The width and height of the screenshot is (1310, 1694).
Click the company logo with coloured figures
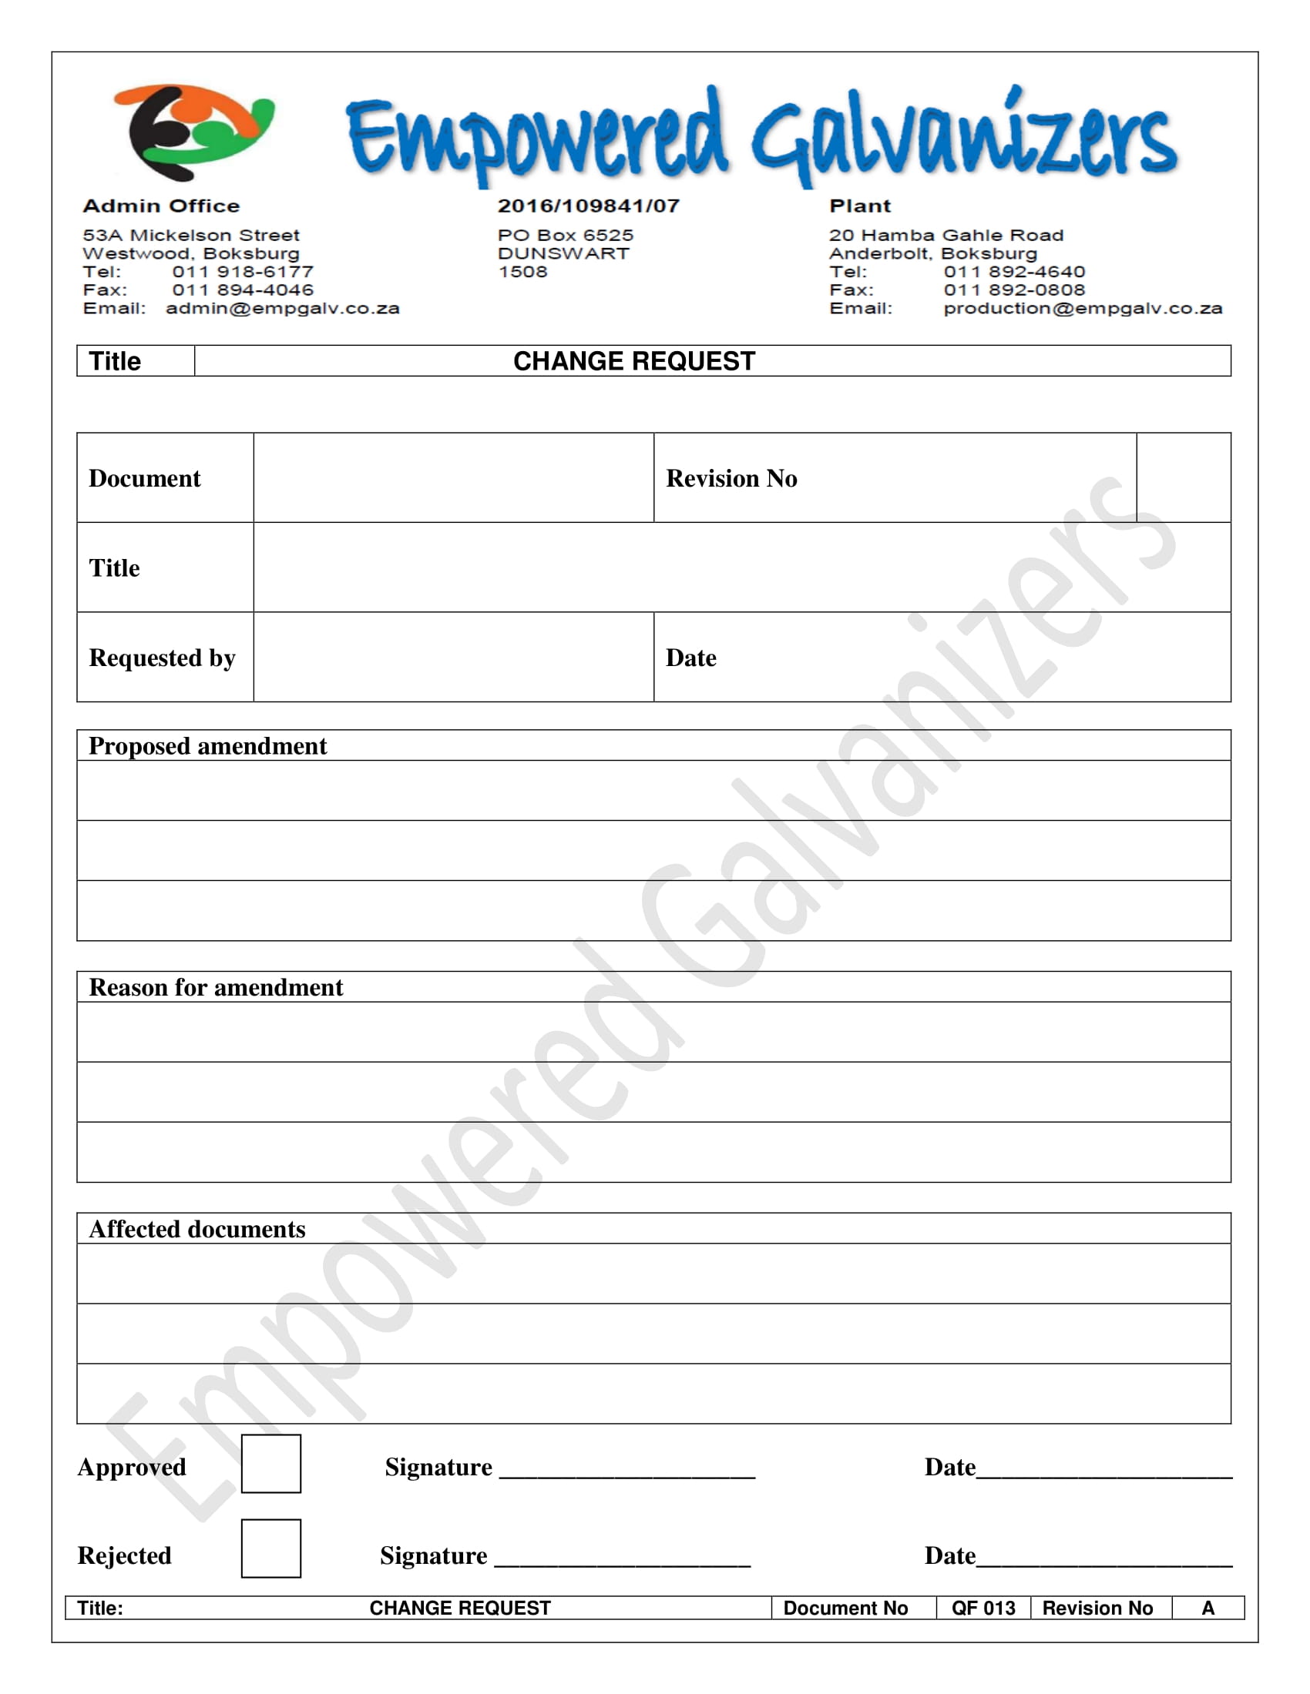point(194,132)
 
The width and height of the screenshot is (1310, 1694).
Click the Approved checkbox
point(270,1464)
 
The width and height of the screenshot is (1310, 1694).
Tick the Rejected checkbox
point(270,1548)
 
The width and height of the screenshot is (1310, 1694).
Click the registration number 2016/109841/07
point(588,206)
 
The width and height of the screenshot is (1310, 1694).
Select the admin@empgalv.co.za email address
point(283,309)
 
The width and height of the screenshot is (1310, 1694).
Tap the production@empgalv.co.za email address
point(1083,309)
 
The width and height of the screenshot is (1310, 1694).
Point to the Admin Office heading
point(161,206)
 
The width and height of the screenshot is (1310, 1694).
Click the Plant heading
point(860,206)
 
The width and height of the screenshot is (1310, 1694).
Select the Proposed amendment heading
point(208,746)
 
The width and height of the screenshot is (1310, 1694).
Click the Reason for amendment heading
point(216,987)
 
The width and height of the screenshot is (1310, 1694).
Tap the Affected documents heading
point(197,1230)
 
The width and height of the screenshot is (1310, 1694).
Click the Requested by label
point(162,658)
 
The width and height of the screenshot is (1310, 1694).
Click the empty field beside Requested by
point(453,658)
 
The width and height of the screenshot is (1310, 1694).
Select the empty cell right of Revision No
point(1183,478)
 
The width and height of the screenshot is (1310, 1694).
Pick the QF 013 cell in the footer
point(983,1609)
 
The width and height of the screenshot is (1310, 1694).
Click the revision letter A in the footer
point(1208,1609)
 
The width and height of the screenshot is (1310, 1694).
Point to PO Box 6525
point(566,235)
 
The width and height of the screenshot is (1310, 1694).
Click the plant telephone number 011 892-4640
point(1014,273)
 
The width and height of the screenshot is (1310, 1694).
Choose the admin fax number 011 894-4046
point(243,290)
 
